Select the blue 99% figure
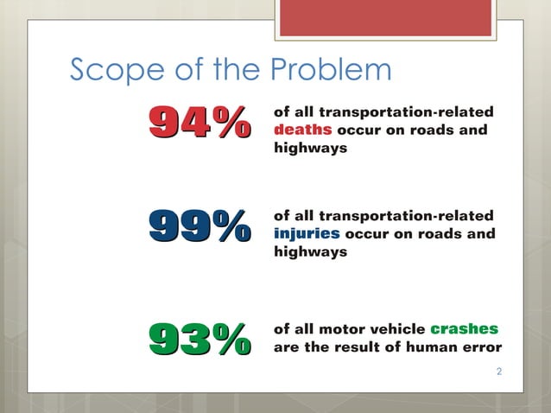pos(199,229)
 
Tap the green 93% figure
pos(199,338)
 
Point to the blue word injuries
pos(306,234)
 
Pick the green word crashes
pos(464,329)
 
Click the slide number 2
pos(499,372)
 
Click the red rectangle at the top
pos(391,18)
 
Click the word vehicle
pos(395,329)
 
